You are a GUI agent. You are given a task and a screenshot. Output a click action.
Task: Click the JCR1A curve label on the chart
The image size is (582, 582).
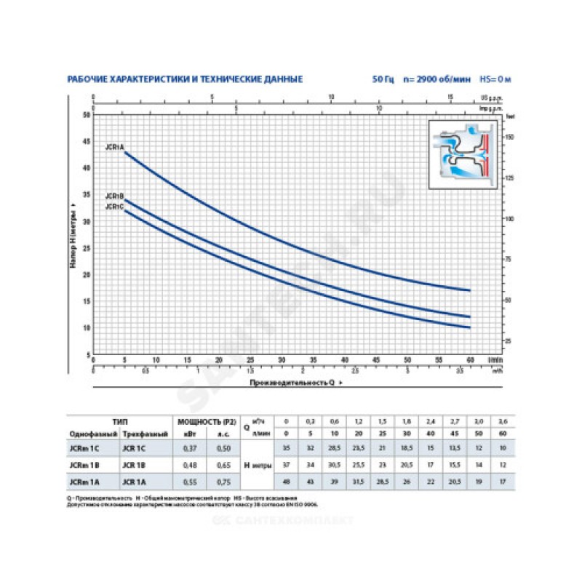[x=114, y=147]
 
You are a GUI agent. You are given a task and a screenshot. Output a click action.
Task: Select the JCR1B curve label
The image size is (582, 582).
[x=114, y=196]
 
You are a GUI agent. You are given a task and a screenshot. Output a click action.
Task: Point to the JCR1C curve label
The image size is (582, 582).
[x=114, y=207]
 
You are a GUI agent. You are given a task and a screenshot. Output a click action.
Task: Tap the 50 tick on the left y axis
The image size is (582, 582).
[x=87, y=115]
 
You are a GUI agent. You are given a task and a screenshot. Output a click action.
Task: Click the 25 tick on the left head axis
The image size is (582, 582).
[x=87, y=248]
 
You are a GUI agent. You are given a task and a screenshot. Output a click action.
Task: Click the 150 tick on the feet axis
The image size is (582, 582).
[x=510, y=137]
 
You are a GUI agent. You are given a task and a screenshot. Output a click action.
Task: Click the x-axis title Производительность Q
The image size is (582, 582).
[x=293, y=382]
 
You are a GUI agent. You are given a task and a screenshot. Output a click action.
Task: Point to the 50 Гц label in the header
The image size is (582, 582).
[x=382, y=79]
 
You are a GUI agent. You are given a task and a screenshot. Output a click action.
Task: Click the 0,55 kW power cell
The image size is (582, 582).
[x=188, y=480]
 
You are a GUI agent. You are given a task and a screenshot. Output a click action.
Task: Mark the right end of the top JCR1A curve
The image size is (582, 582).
[x=471, y=290]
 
